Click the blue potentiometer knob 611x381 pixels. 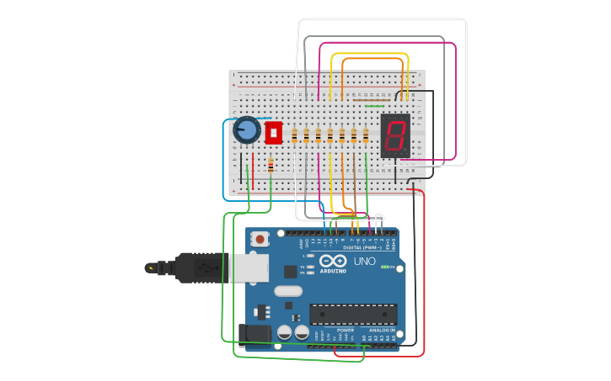click(246, 130)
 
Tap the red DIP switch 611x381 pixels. click(273, 133)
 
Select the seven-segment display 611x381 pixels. click(394, 135)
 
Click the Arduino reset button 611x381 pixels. click(260, 239)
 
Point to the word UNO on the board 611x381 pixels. click(364, 262)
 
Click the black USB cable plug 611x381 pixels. click(190, 268)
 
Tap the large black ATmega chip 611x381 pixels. click(353, 315)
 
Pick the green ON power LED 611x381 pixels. click(385, 267)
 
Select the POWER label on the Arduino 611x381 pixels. click(346, 331)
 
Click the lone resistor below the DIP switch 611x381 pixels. click(270, 166)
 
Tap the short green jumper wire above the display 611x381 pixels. click(374, 106)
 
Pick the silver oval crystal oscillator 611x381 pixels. click(288, 291)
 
